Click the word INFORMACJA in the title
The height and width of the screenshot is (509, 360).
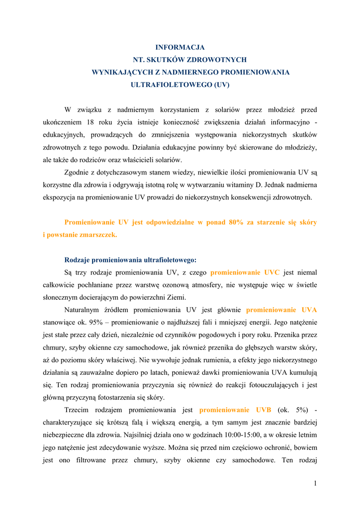click(180, 47)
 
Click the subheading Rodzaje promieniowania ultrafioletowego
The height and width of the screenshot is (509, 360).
click(130, 259)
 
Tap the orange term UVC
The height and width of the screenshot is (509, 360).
click(272, 272)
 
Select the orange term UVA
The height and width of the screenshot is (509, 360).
click(309, 310)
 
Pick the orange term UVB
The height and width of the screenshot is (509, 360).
click(264, 410)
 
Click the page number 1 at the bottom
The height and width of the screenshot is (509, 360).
click(315, 483)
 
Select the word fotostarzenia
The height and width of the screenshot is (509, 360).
click(117, 397)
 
